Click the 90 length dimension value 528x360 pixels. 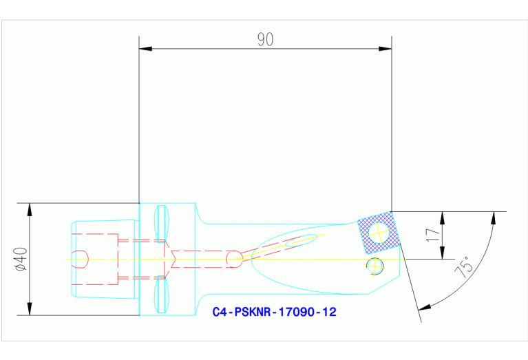pos(265,40)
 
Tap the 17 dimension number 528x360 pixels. pos(432,234)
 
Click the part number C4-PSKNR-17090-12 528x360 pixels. pos(274,312)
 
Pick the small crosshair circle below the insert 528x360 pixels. pos(374,265)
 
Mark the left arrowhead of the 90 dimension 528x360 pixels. pos(144,49)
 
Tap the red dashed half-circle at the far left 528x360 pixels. pos(82,259)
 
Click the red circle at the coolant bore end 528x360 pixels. pos(234,258)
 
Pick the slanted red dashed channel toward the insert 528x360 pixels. pos(275,245)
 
